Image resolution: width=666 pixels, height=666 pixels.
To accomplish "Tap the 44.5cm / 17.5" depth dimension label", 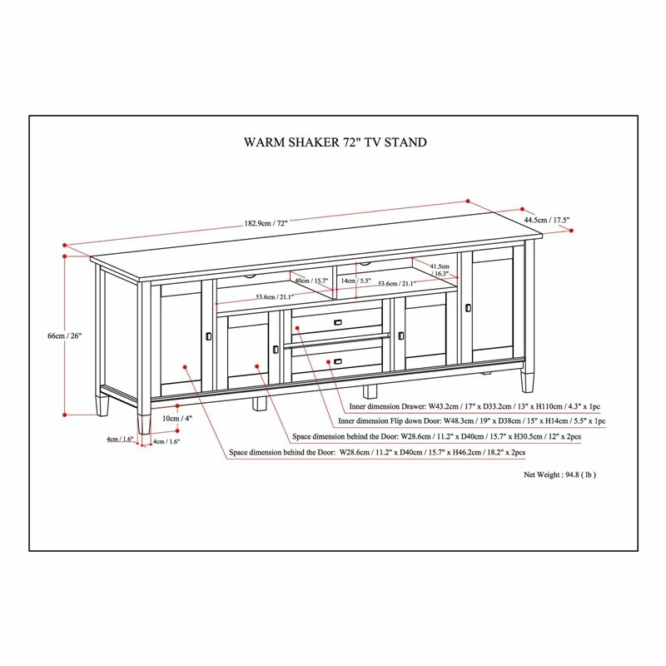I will tap(546, 221).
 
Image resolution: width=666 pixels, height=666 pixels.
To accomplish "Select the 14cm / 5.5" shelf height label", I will tap(355, 281).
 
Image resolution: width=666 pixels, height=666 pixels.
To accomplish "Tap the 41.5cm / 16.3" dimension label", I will tap(440, 269).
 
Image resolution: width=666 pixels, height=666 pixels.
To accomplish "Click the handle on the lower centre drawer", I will tap(337, 361).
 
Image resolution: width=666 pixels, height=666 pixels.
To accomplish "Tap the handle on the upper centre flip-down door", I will tap(337, 322).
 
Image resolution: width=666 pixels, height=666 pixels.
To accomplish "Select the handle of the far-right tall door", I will tap(469, 309).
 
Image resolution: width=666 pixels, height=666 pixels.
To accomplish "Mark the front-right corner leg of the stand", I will tap(528, 380).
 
